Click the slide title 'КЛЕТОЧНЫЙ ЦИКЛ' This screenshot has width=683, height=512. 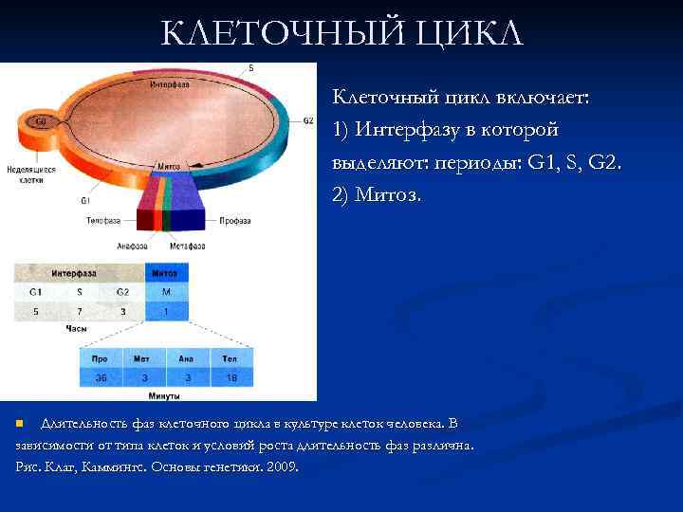pos(341,34)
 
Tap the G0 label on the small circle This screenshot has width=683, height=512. pos(41,121)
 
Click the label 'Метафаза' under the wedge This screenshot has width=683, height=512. pos(188,246)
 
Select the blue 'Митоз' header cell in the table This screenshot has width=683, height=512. pos(165,273)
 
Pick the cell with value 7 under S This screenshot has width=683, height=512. pos(80,311)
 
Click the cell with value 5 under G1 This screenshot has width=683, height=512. pos(35,311)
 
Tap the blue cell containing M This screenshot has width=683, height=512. pos(165,292)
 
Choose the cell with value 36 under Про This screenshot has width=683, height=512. pos(101,377)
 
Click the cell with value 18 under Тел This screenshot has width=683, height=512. pos(230,377)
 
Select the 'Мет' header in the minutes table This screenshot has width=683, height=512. pos(143,359)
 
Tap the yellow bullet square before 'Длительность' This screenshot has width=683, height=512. pos(21,423)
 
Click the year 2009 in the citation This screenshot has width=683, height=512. pos(283,466)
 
